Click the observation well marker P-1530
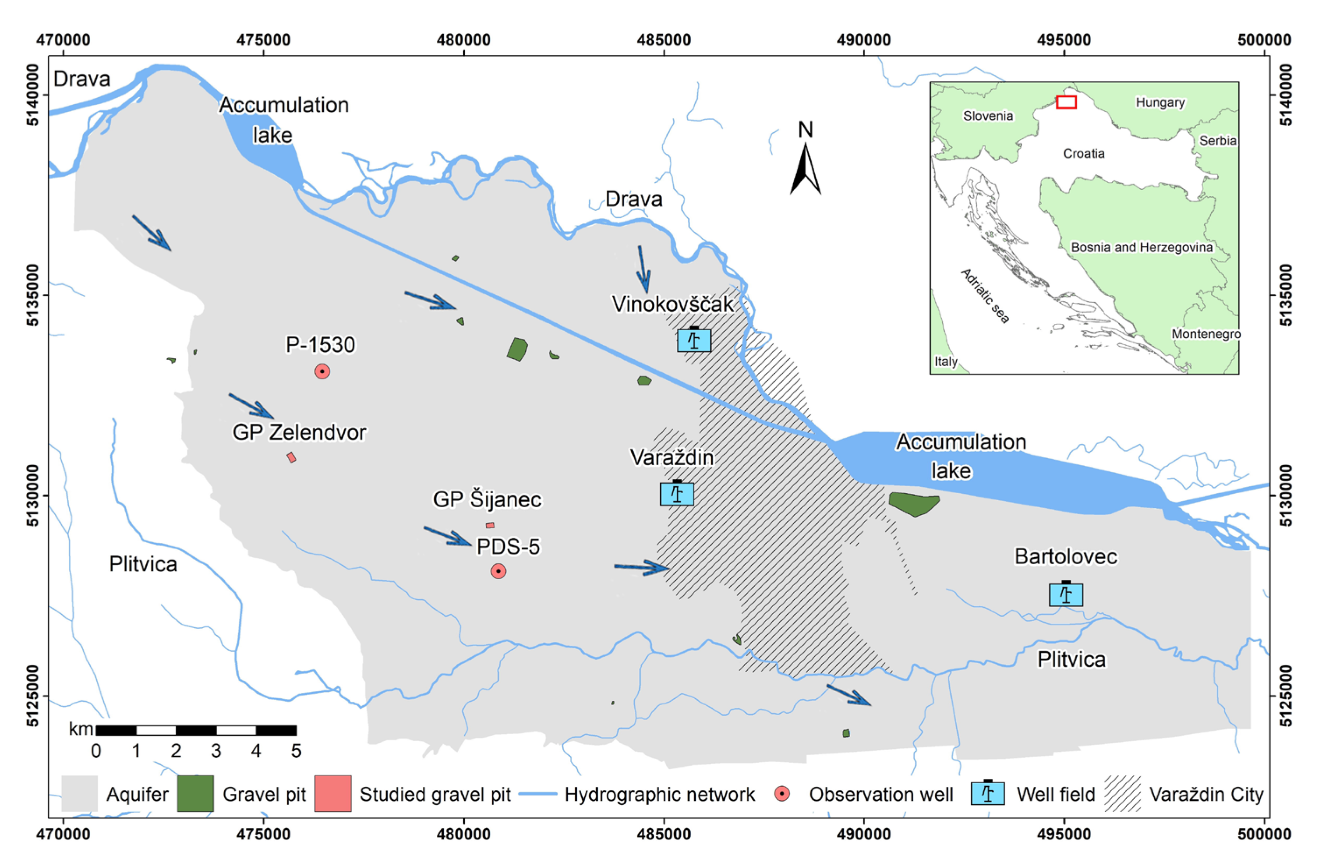tap(322, 371)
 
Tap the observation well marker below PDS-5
tap(498, 571)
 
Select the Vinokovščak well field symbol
tap(694, 340)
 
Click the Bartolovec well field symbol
tap(1065, 594)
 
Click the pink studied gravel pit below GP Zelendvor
tap(291, 458)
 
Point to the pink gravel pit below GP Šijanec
tap(490, 525)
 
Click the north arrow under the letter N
tap(806, 170)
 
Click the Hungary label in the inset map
tap(1160, 102)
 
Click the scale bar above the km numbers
tap(196, 730)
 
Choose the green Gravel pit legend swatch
tap(195, 794)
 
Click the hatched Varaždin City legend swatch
tap(1123, 794)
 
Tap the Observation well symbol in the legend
tap(782, 794)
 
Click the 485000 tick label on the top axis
tap(664, 40)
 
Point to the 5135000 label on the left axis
tap(33, 294)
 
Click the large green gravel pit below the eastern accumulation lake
tap(914, 503)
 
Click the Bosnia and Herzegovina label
tap(1142, 247)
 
